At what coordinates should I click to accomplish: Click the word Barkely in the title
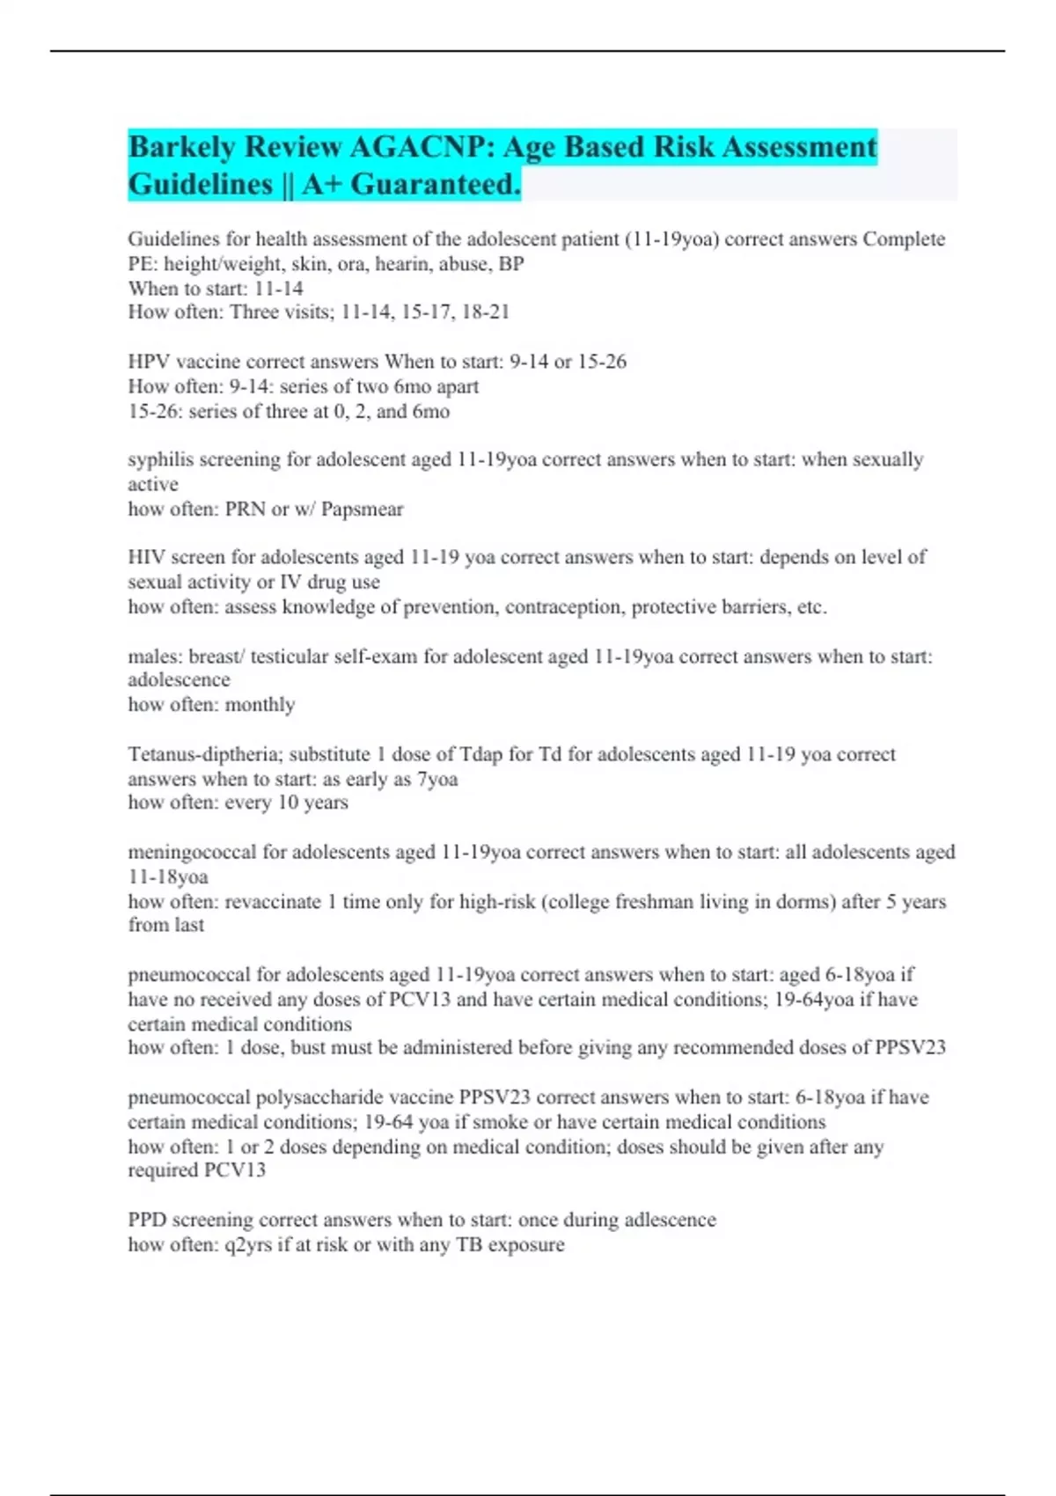pos(181,147)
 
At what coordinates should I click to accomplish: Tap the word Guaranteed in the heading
pos(436,184)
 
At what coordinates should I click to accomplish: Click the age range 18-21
pos(486,312)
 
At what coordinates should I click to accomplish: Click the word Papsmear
pos(362,510)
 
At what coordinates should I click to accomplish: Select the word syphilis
pos(161,460)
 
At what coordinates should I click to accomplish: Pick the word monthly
pos(260,705)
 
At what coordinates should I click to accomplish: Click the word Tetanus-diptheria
pos(205,754)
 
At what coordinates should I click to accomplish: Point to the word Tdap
pos(481,754)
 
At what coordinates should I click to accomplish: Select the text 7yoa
pos(436,780)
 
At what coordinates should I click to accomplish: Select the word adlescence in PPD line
pos(670,1221)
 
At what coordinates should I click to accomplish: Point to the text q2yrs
pos(250,1245)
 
